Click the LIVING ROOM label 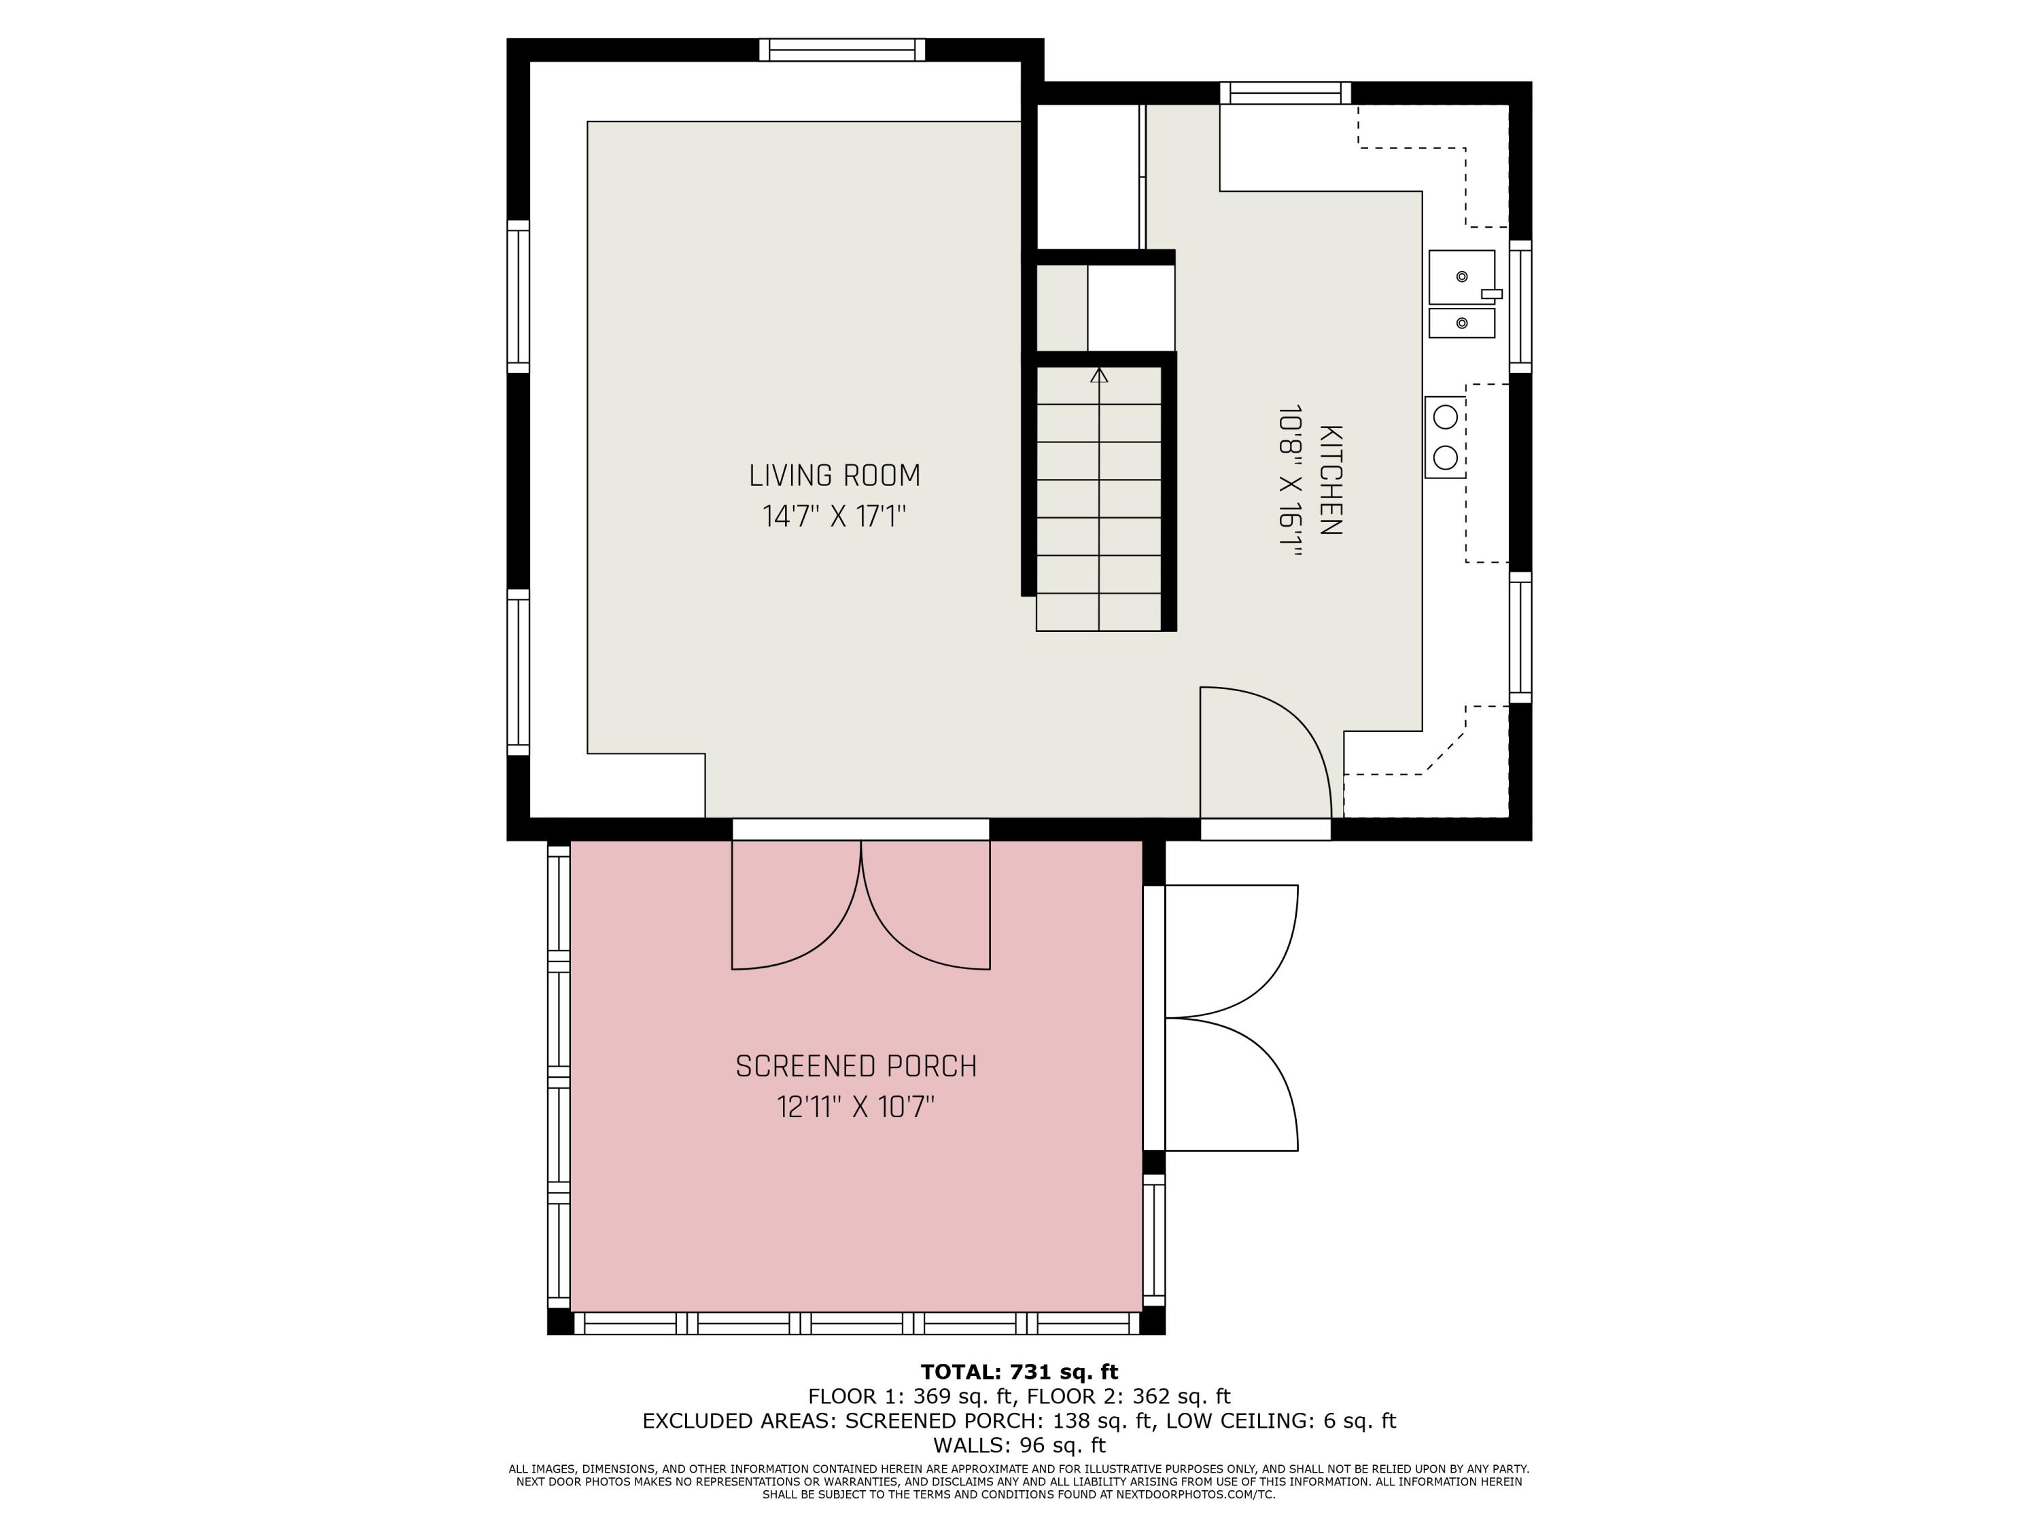(x=834, y=476)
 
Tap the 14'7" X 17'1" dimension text (x=834, y=516)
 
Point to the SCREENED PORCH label (x=856, y=1066)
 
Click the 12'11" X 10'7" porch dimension (x=856, y=1106)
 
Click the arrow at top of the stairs (x=1099, y=376)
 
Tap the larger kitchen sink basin (x=1461, y=277)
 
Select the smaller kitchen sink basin (x=1461, y=323)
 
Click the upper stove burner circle (x=1446, y=417)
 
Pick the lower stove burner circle (x=1446, y=457)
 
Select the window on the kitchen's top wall (x=1285, y=93)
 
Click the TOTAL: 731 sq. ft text (x=1019, y=1372)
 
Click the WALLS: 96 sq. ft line (x=1019, y=1445)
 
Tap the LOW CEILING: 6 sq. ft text (x=1280, y=1421)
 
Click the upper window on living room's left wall (x=518, y=297)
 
